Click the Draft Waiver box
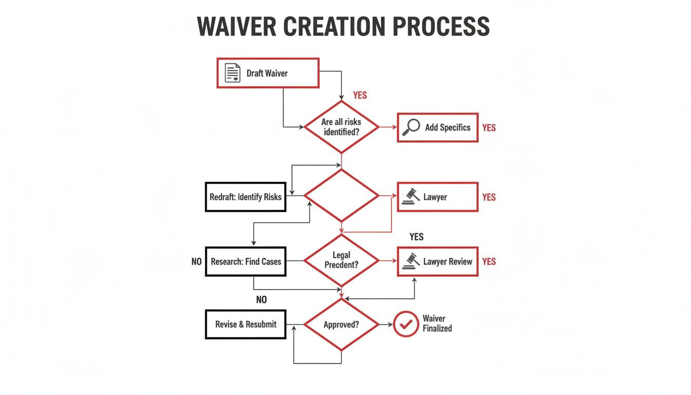(x=268, y=73)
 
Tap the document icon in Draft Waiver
(x=233, y=73)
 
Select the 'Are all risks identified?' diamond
(x=341, y=127)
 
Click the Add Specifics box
(x=438, y=128)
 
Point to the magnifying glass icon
(x=410, y=128)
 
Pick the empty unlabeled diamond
(x=341, y=196)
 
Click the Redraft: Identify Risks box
(x=246, y=197)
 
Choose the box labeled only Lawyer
(x=438, y=197)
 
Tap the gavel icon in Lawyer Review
(x=410, y=261)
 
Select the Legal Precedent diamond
(x=341, y=261)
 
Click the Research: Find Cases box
(x=246, y=261)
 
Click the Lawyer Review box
(x=438, y=261)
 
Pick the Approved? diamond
(x=341, y=325)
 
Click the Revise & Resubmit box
(x=246, y=324)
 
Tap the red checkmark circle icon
(x=406, y=324)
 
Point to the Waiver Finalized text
(x=437, y=324)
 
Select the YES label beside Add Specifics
(x=489, y=128)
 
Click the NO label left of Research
(x=196, y=261)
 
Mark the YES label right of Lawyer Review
(x=489, y=261)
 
